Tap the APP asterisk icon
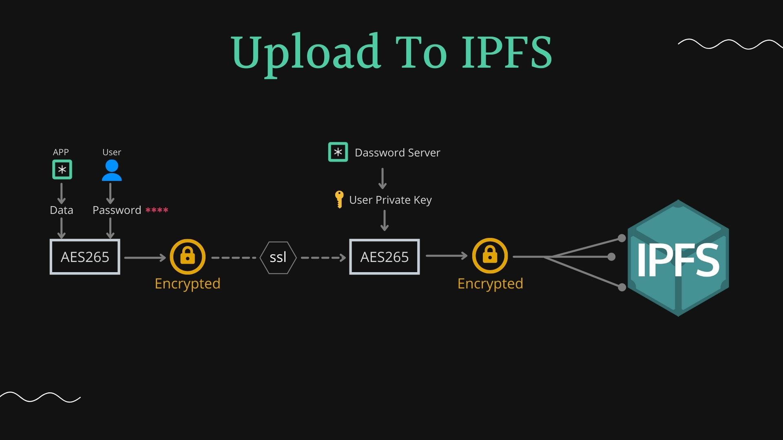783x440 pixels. [62, 169]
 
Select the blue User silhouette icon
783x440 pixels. [111, 170]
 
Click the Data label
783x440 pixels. [62, 210]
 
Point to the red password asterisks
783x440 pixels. [157, 210]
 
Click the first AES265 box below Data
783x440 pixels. [85, 257]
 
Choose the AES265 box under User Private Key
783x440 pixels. [384, 257]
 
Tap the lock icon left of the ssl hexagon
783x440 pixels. [188, 257]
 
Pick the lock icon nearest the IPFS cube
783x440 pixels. [490, 256]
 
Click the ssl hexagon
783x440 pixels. [278, 257]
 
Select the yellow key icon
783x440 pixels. [339, 199]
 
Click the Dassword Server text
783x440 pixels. [397, 153]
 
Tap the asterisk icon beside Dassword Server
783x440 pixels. [338, 152]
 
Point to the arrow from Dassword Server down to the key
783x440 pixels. [382, 178]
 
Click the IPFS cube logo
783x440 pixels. [678, 258]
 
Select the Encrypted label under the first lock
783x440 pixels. [188, 284]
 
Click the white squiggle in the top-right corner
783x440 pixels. [730, 44]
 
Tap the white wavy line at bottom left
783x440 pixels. [40, 397]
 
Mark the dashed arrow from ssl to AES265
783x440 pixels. [323, 257]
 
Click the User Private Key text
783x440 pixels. [390, 200]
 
